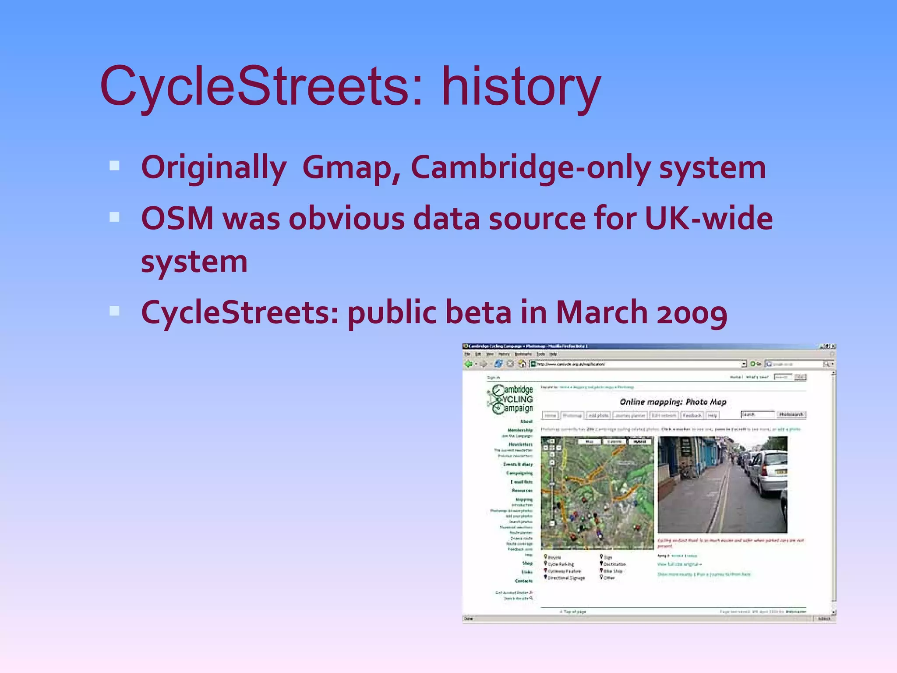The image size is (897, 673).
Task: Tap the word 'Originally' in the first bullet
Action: (214, 168)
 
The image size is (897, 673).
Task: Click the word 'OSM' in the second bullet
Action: (177, 218)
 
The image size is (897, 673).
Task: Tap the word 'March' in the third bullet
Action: (601, 313)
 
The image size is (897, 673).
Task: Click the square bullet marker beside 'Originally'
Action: (115, 166)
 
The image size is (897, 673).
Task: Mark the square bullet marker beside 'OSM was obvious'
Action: (115, 217)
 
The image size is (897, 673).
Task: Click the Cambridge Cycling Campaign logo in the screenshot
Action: (511, 399)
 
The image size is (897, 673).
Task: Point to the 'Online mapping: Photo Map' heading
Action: (673, 402)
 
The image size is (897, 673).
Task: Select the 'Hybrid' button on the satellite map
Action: (639, 442)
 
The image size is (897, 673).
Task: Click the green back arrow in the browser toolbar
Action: (469, 364)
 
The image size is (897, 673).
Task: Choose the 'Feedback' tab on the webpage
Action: (692, 415)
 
